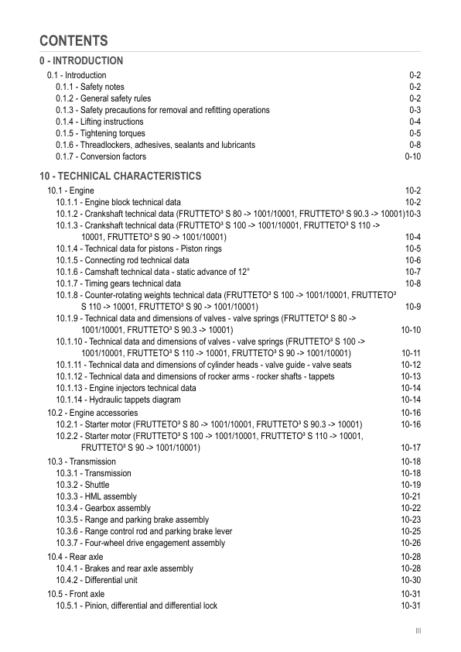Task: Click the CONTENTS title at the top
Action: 73,41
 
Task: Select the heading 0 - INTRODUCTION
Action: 81,61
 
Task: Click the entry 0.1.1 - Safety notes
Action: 90,88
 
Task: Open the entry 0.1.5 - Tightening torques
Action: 100,133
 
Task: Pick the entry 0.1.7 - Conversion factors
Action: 101,156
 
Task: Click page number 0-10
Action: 412,156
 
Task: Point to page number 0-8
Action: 415,145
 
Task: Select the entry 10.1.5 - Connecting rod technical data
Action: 122,260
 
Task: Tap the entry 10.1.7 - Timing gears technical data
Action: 118,283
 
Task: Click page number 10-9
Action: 412,307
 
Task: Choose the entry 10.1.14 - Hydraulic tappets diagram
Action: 118,400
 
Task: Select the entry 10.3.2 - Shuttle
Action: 83,485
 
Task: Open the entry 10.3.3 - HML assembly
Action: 96,496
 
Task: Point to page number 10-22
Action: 411,508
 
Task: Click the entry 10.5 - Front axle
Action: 76,594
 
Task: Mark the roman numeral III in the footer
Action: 418,631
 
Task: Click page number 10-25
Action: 411,531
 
